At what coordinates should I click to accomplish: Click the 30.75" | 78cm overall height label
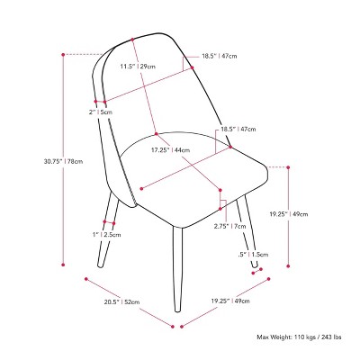point(63,161)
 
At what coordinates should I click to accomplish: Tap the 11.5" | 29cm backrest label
point(138,67)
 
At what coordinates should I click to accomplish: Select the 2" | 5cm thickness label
point(101,112)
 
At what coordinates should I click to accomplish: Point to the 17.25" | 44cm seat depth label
point(170,150)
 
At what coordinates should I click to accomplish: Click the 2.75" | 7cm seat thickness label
point(229,226)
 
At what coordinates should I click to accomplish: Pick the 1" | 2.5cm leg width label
point(107,234)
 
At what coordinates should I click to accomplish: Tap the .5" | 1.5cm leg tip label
point(253,255)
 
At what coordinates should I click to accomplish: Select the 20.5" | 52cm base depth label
point(121,301)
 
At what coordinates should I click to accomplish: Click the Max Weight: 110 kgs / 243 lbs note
point(299,337)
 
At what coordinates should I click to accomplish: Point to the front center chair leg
point(177,268)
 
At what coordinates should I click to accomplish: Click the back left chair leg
point(107,230)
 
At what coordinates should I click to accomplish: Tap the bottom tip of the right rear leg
point(255,265)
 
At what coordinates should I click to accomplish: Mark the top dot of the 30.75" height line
point(63,55)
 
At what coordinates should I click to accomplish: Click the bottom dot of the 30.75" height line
point(63,265)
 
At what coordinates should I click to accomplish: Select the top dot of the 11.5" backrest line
point(132,40)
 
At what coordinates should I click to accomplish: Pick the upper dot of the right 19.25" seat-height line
point(288,167)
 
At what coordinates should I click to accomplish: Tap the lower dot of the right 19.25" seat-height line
point(288,265)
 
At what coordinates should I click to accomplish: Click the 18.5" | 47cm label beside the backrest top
point(220,56)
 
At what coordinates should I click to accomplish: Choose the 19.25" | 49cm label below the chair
point(230,301)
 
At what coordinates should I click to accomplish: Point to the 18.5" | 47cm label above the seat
point(238,130)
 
